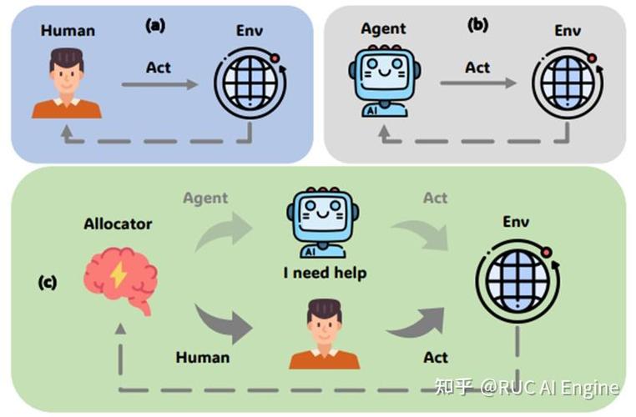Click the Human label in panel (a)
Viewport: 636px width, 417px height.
tap(68, 31)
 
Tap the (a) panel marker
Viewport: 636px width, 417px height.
tap(155, 26)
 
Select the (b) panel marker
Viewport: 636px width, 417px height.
tap(477, 25)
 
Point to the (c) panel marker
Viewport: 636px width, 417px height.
tap(48, 282)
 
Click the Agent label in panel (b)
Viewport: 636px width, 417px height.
tap(383, 28)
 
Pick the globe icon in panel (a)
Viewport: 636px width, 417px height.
tap(250, 83)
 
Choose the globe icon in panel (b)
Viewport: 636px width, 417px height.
tap(568, 83)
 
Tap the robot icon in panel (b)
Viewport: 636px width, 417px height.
tap(384, 81)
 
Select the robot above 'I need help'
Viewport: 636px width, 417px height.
tap(322, 223)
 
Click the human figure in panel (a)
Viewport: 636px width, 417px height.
tap(67, 83)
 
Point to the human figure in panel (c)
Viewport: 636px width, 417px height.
tap(325, 334)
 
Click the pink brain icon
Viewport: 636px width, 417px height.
tap(120, 280)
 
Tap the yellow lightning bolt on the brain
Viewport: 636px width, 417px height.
tap(119, 274)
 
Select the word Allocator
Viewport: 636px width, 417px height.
tap(118, 224)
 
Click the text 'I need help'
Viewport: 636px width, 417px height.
tap(325, 273)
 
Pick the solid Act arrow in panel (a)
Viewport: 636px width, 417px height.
tap(159, 84)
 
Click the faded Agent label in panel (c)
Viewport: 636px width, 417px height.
tap(205, 198)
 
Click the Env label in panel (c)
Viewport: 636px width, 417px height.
tap(516, 221)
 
